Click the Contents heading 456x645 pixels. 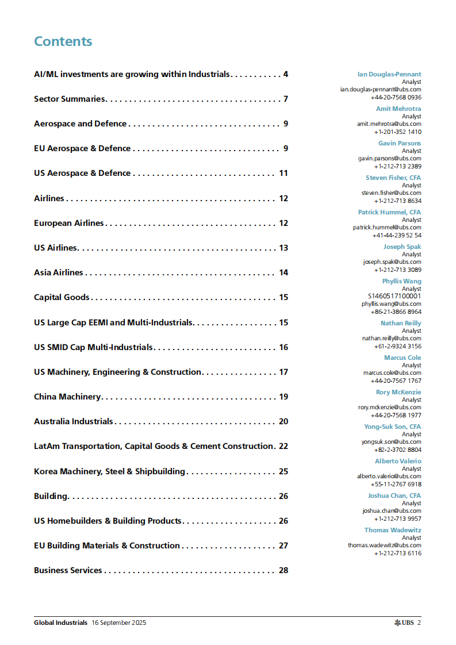(x=63, y=41)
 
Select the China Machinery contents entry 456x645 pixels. (x=67, y=397)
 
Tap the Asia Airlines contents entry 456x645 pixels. (x=59, y=272)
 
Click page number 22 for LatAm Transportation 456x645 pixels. (x=283, y=446)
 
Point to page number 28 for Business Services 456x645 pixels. (x=283, y=570)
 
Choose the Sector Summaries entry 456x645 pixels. (x=70, y=99)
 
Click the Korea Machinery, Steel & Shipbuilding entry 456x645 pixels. (x=109, y=471)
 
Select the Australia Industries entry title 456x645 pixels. (x=74, y=421)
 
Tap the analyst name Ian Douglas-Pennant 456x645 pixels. (x=389, y=74)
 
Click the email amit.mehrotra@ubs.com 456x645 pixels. (x=389, y=124)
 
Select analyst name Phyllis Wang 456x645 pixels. (x=401, y=281)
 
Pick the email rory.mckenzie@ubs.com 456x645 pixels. (x=389, y=407)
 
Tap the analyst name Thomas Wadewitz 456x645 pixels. (x=392, y=530)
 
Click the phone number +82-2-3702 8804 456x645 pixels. (x=397, y=450)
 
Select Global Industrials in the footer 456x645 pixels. (x=60, y=623)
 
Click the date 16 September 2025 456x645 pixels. (x=118, y=623)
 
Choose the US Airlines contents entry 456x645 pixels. (x=55, y=248)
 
